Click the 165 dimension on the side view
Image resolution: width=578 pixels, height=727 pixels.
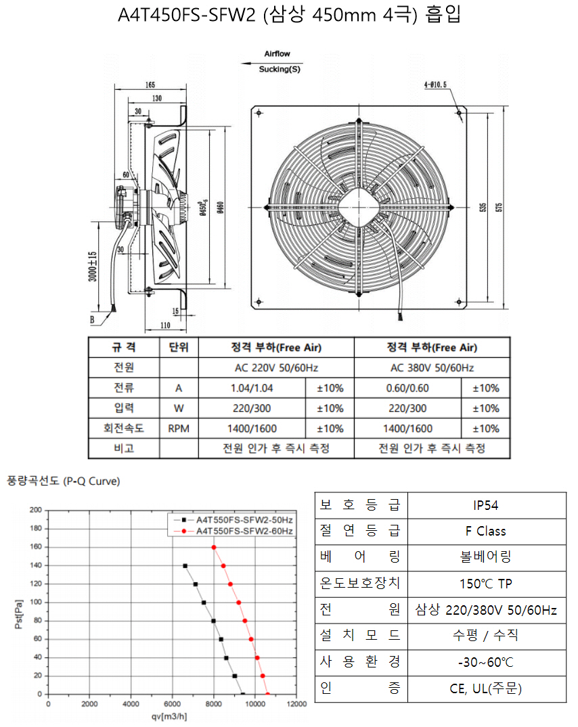tap(150, 85)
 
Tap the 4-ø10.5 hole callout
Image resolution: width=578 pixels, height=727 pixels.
tap(435, 85)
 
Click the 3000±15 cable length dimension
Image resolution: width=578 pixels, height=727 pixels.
tap(93, 266)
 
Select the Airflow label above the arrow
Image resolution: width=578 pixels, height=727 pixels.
tap(277, 54)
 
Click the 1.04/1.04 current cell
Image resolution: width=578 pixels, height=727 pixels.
tap(252, 388)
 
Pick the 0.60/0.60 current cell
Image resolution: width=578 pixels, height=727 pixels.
tap(407, 388)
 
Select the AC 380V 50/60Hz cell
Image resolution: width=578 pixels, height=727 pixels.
tap(432, 368)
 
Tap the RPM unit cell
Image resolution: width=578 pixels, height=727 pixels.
tap(179, 428)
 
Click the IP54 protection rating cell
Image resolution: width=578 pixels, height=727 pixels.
tap(486, 505)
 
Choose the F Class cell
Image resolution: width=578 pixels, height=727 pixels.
tap(486, 532)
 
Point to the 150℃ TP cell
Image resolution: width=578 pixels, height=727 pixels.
tap(486, 584)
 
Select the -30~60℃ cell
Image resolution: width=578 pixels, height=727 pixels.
tap(486, 662)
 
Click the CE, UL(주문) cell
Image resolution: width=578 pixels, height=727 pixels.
tap(486, 688)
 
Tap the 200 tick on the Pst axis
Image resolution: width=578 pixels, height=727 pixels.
tap(36, 510)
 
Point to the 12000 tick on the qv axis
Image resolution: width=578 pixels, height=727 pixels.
tap(296, 704)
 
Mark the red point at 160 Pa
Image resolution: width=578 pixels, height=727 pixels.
tap(214, 548)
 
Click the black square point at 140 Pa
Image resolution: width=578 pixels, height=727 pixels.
tap(185, 566)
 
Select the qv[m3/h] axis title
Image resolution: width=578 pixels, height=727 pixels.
tap(169, 717)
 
